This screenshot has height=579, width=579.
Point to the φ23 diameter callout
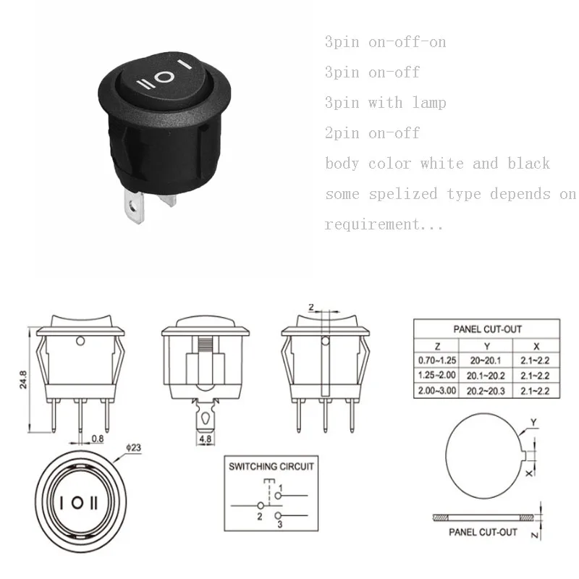tap(134, 447)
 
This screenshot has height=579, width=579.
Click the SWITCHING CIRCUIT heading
tap(271, 467)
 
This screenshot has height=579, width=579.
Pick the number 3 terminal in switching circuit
tap(279, 524)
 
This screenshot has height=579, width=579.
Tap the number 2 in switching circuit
tap(258, 516)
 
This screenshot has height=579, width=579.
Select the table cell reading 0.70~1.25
tap(436, 360)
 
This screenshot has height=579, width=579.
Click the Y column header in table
tap(487, 346)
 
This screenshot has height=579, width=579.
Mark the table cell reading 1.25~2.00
tap(436, 375)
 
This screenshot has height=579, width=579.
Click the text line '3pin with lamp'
tap(385, 103)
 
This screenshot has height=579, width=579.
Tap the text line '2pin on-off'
tap(372, 133)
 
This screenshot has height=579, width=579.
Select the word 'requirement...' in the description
tap(384, 225)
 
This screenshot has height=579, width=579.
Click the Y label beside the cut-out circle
tap(533, 421)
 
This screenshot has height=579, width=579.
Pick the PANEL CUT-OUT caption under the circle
tap(483, 532)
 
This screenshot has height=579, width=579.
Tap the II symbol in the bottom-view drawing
tap(95, 502)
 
